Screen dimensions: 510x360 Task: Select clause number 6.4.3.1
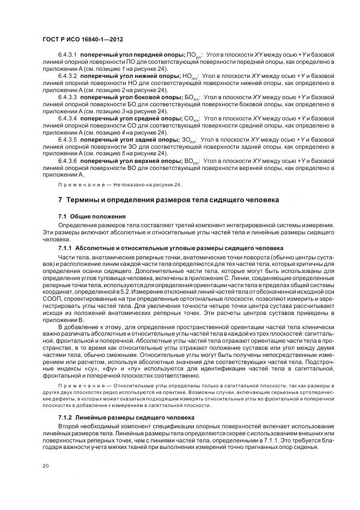(68, 56)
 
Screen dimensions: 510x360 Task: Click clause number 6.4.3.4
(68, 118)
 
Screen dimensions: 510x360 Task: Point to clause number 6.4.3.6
(68, 161)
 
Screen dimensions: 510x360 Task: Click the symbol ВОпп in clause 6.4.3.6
(191, 162)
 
